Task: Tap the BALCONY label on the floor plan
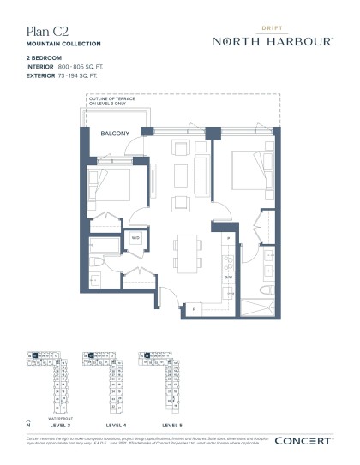pos(115,135)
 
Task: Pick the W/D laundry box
pos(135,237)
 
